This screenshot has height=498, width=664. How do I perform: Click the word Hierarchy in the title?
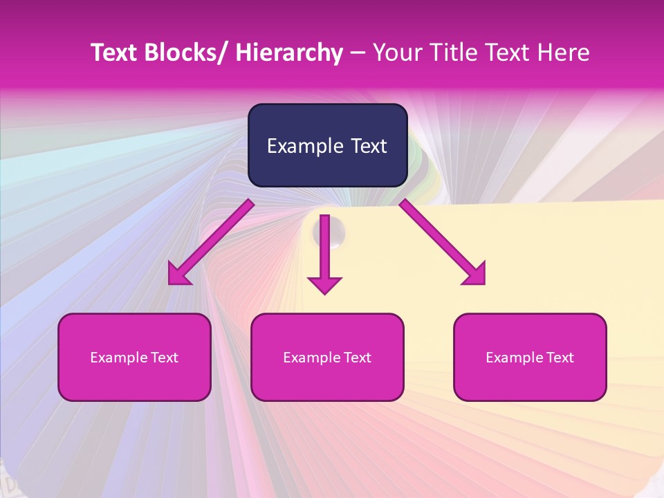tap(288, 53)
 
